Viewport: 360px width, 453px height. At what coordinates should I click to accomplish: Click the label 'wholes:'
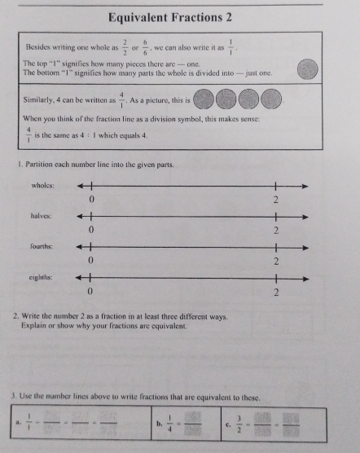42,186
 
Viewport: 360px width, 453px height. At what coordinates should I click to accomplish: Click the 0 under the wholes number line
92,200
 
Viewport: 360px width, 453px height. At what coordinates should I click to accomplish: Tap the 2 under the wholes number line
276,200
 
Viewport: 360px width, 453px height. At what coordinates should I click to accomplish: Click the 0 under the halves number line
92,231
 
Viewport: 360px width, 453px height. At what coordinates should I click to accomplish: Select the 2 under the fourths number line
276,262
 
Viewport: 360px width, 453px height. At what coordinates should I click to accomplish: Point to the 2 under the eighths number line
276,292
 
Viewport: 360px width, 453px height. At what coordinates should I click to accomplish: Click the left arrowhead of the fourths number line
79,247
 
